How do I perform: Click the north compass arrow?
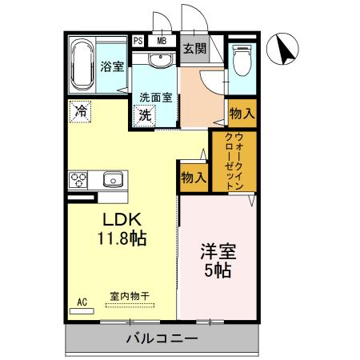coord(284,50)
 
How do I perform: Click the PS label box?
coord(138,41)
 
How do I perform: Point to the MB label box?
coord(162,41)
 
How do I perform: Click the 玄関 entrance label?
coord(194,48)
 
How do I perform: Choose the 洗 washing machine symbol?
coord(146,114)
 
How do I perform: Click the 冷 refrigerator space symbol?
coord(81,112)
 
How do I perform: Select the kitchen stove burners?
coord(78,178)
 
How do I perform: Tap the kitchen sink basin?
coord(112,179)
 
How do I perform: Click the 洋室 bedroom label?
coord(216,252)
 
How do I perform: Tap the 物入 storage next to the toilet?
coord(241,113)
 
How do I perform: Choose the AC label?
coord(82,302)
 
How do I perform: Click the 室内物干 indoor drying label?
coord(130,297)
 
